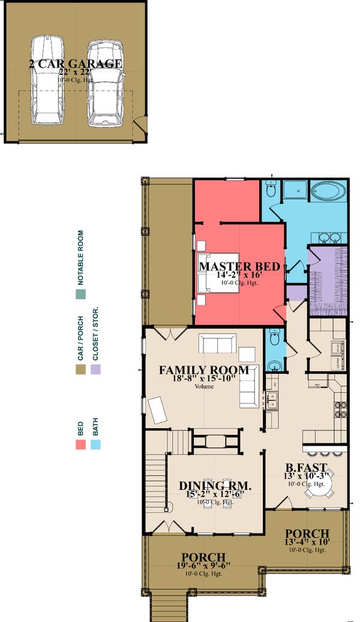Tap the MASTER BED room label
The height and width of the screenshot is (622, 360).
pyautogui.click(x=239, y=266)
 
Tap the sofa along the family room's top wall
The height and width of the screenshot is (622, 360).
pyautogui.click(x=217, y=344)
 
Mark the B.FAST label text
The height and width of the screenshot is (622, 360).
pyautogui.click(x=306, y=467)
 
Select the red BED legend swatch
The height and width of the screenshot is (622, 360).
pyautogui.click(x=80, y=444)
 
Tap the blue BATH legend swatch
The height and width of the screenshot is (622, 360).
pyautogui.click(x=95, y=444)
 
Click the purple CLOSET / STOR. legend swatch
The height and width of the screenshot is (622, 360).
pyautogui.click(x=95, y=370)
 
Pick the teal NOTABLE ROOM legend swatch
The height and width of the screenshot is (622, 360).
pyautogui.click(x=80, y=294)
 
